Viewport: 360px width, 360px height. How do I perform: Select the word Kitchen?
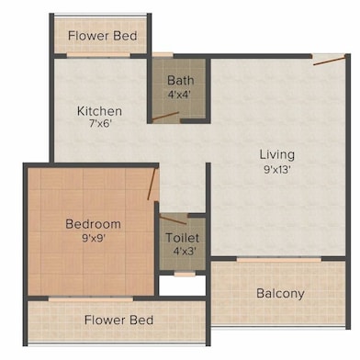click(x=100, y=111)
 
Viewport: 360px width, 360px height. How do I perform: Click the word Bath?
click(x=179, y=81)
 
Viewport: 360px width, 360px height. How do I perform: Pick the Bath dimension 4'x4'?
click(x=179, y=94)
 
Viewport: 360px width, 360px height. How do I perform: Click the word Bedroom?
click(x=92, y=223)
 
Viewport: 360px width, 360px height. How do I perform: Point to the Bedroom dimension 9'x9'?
click(x=92, y=238)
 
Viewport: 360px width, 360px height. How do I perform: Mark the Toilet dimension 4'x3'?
click(x=182, y=251)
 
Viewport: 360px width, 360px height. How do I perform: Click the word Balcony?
click(x=280, y=294)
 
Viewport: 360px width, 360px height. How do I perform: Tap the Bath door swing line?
click(x=165, y=116)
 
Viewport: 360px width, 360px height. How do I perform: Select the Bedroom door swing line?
click(x=152, y=184)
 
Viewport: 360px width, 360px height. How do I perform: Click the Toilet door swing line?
click(x=174, y=221)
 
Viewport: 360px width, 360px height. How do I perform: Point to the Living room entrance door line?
click(x=329, y=62)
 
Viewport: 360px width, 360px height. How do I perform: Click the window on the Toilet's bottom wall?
click(x=185, y=274)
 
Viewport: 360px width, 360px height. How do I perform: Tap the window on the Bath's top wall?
click(x=163, y=57)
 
